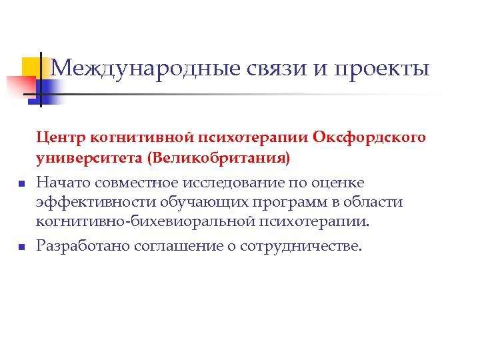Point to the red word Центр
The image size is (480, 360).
[x=60, y=138]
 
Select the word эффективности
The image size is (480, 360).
[x=87, y=202]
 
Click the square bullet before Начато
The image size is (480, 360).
[x=22, y=183]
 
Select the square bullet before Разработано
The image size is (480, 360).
[x=22, y=247]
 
